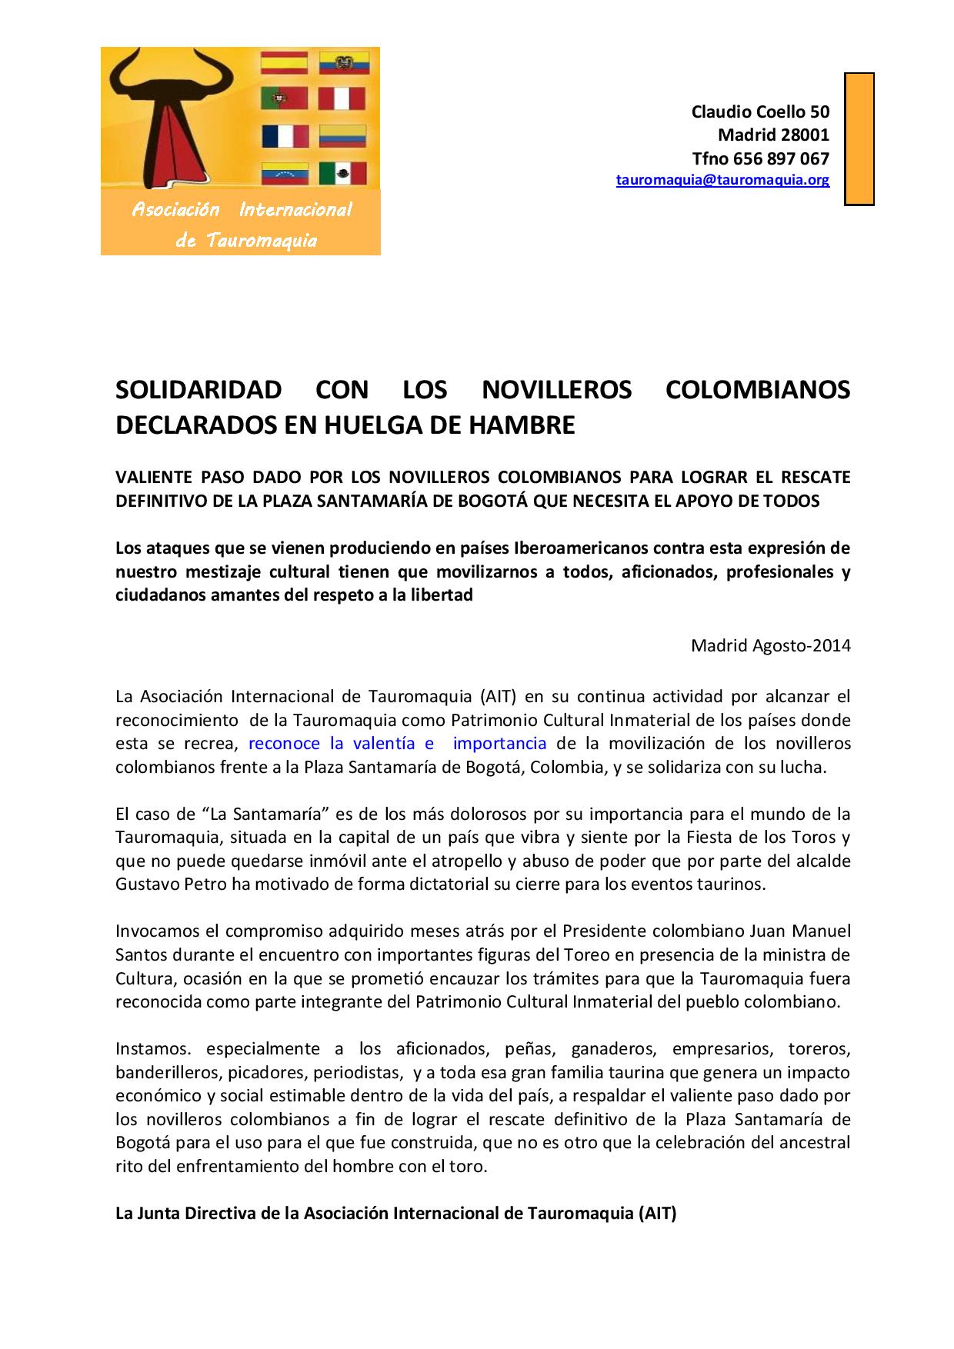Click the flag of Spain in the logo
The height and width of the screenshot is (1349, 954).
(285, 62)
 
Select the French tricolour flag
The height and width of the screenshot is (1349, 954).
(285, 136)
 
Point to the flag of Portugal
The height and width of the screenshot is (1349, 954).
(285, 98)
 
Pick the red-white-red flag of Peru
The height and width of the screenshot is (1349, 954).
(343, 98)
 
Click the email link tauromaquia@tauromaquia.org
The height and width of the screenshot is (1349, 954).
(722, 181)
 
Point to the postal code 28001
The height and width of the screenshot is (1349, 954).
(805, 135)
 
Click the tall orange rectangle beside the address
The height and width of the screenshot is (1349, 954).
(859, 138)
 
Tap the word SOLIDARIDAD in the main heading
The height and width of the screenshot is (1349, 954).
(198, 390)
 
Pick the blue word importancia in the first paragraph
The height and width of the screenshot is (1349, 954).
(499, 744)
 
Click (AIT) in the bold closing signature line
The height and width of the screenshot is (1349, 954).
(656, 1214)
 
